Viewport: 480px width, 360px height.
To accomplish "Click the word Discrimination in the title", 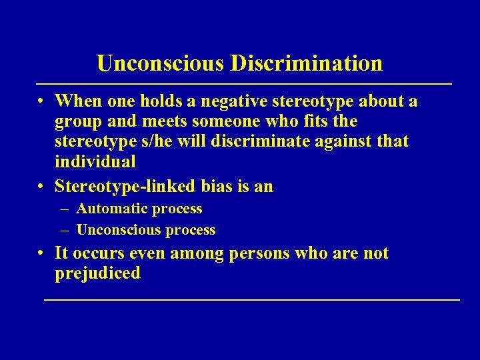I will point(307,63).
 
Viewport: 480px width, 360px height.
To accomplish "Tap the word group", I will point(78,121).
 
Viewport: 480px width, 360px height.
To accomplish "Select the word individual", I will point(96,161).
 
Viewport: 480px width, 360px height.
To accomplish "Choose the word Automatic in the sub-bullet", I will point(112,209).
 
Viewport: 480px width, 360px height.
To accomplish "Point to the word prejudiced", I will point(98,273).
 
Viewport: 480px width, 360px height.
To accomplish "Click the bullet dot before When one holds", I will point(41,101).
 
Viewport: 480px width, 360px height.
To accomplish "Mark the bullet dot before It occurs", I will point(41,254).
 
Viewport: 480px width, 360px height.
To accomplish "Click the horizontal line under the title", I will point(243,84).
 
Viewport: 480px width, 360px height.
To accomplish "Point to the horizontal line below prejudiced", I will point(251,301).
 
